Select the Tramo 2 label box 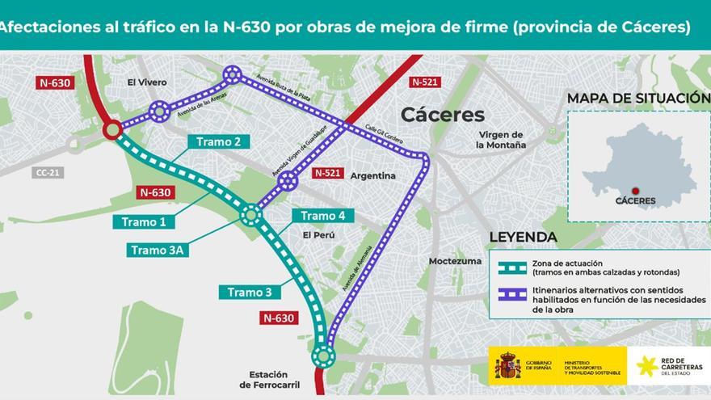coord(218,142)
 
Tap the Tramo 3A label coord(158,250)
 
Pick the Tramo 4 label coord(323,215)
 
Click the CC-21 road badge coord(48,172)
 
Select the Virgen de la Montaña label coord(501,140)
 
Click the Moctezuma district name coord(456,261)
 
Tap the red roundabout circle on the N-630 coord(112,129)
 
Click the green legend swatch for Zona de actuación coord(512,267)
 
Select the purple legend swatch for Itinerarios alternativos coord(512,295)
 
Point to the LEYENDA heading coord(523,237)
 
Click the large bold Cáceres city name coord(443,114)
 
